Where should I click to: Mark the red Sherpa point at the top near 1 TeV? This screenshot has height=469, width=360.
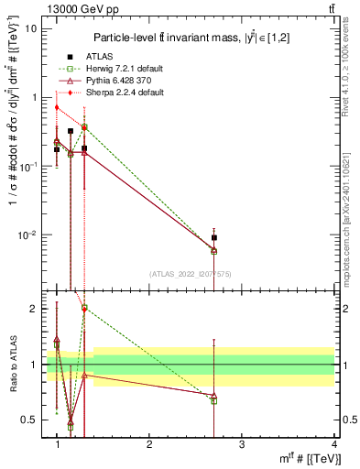pos(57,107)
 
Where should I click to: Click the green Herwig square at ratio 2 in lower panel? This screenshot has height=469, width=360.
pos(84,309)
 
